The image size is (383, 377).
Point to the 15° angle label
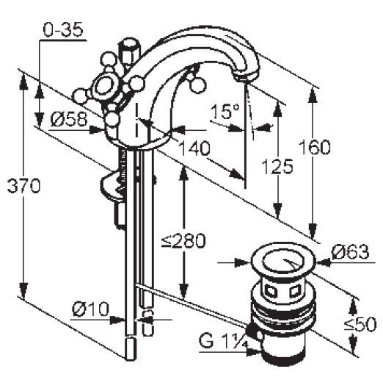[x=225, y=112]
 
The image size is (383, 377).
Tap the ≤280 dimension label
[x=184, y=240]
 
